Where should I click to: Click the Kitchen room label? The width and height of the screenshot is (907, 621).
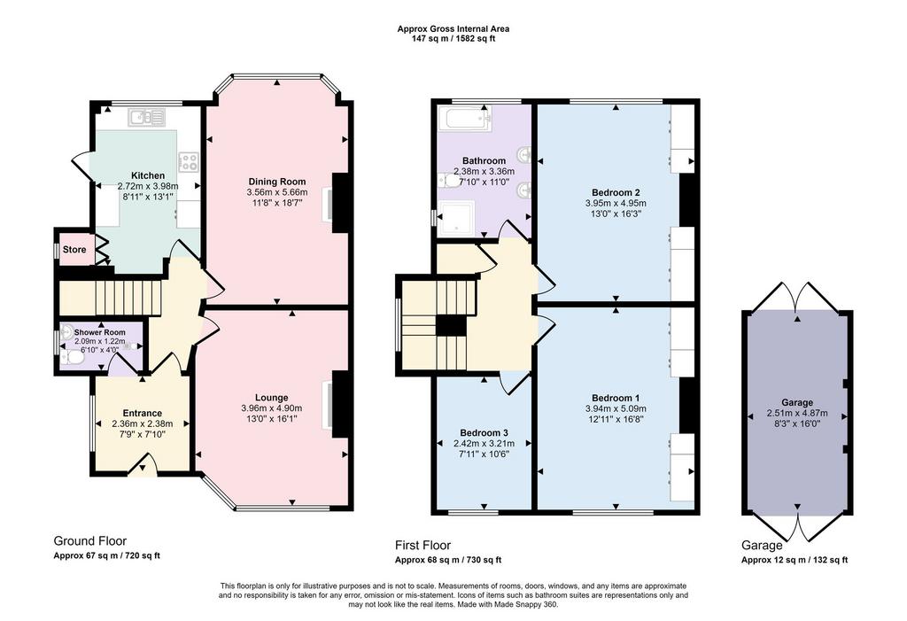(x=148, y=176)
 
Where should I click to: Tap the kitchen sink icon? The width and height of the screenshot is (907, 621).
(x=147, y=118)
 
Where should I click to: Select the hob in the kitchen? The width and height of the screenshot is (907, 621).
(x=190, y=162)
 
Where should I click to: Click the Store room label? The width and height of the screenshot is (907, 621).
(x=74, y=250)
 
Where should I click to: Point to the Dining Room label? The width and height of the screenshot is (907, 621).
(x=277, y=182)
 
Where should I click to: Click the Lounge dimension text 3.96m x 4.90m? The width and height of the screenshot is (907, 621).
(x=271, y=408)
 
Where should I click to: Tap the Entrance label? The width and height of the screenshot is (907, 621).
(x=143, y=413)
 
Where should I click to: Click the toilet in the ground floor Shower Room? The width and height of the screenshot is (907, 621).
(x=73, y=360)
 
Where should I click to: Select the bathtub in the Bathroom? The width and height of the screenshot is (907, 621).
(x=465, y=120)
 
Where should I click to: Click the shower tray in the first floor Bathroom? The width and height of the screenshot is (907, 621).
(x=456, y=218)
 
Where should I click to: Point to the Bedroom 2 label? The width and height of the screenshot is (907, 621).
(x=616, y=193)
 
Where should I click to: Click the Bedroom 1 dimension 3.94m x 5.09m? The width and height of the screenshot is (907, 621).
(x=616, y=408)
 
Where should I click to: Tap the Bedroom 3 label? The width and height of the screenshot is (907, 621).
(x=484, y=433)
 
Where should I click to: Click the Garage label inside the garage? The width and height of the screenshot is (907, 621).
(x=797, y=403)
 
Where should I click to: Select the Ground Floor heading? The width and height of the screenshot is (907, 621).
(x=89, y=541)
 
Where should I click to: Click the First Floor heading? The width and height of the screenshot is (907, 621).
(x=422, y=545)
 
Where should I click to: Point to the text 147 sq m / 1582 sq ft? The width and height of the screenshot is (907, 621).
(x=453, y=39)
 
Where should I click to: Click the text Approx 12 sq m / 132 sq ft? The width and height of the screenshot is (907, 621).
(x=795, y=560)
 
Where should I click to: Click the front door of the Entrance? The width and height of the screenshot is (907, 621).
(x=143, y=465)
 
